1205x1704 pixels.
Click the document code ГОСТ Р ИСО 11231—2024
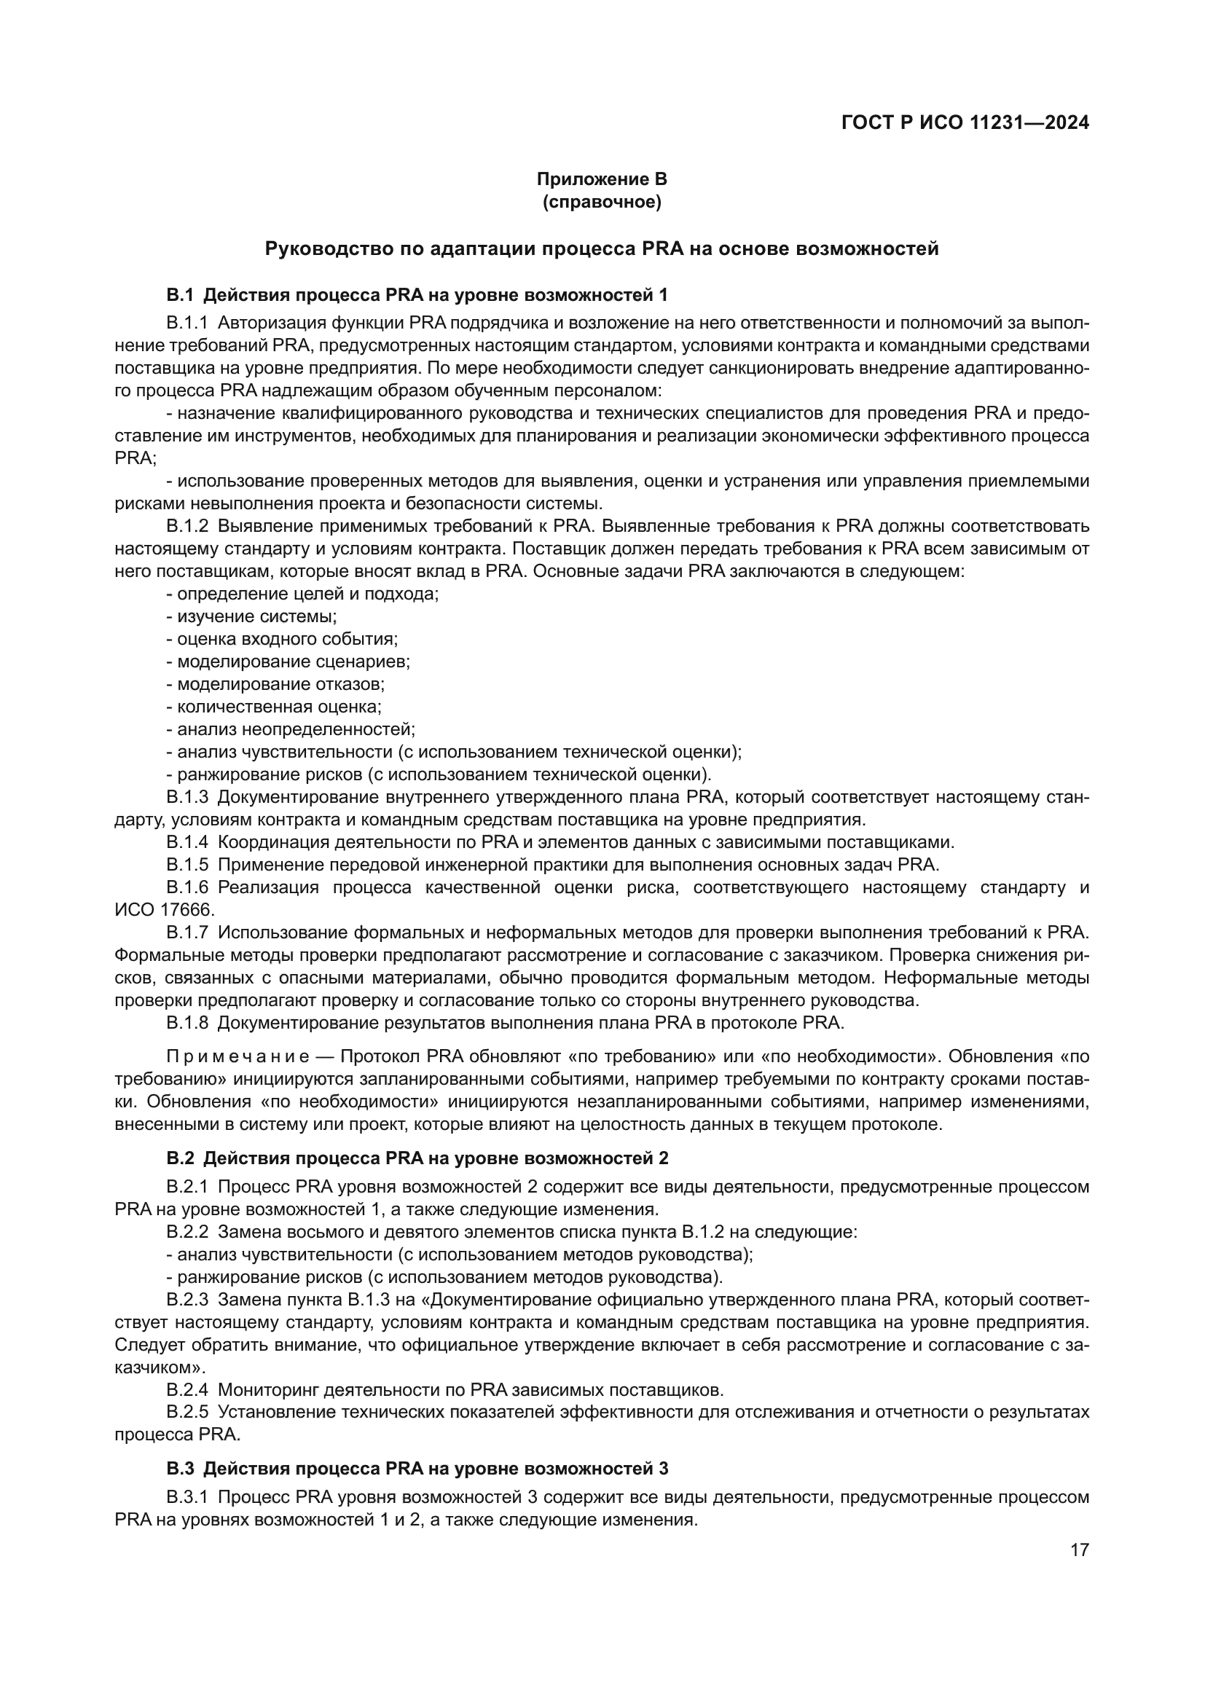tap(965, 123)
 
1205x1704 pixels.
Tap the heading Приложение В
tap(602, 179)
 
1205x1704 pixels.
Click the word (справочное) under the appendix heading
tap(602, 202)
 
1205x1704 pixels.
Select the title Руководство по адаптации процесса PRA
tap(602, 248)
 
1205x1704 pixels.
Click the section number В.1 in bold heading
tap(179, 295)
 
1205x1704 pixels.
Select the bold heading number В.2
tap(179, 1158)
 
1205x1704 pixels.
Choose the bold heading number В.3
tap(179, 1468)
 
